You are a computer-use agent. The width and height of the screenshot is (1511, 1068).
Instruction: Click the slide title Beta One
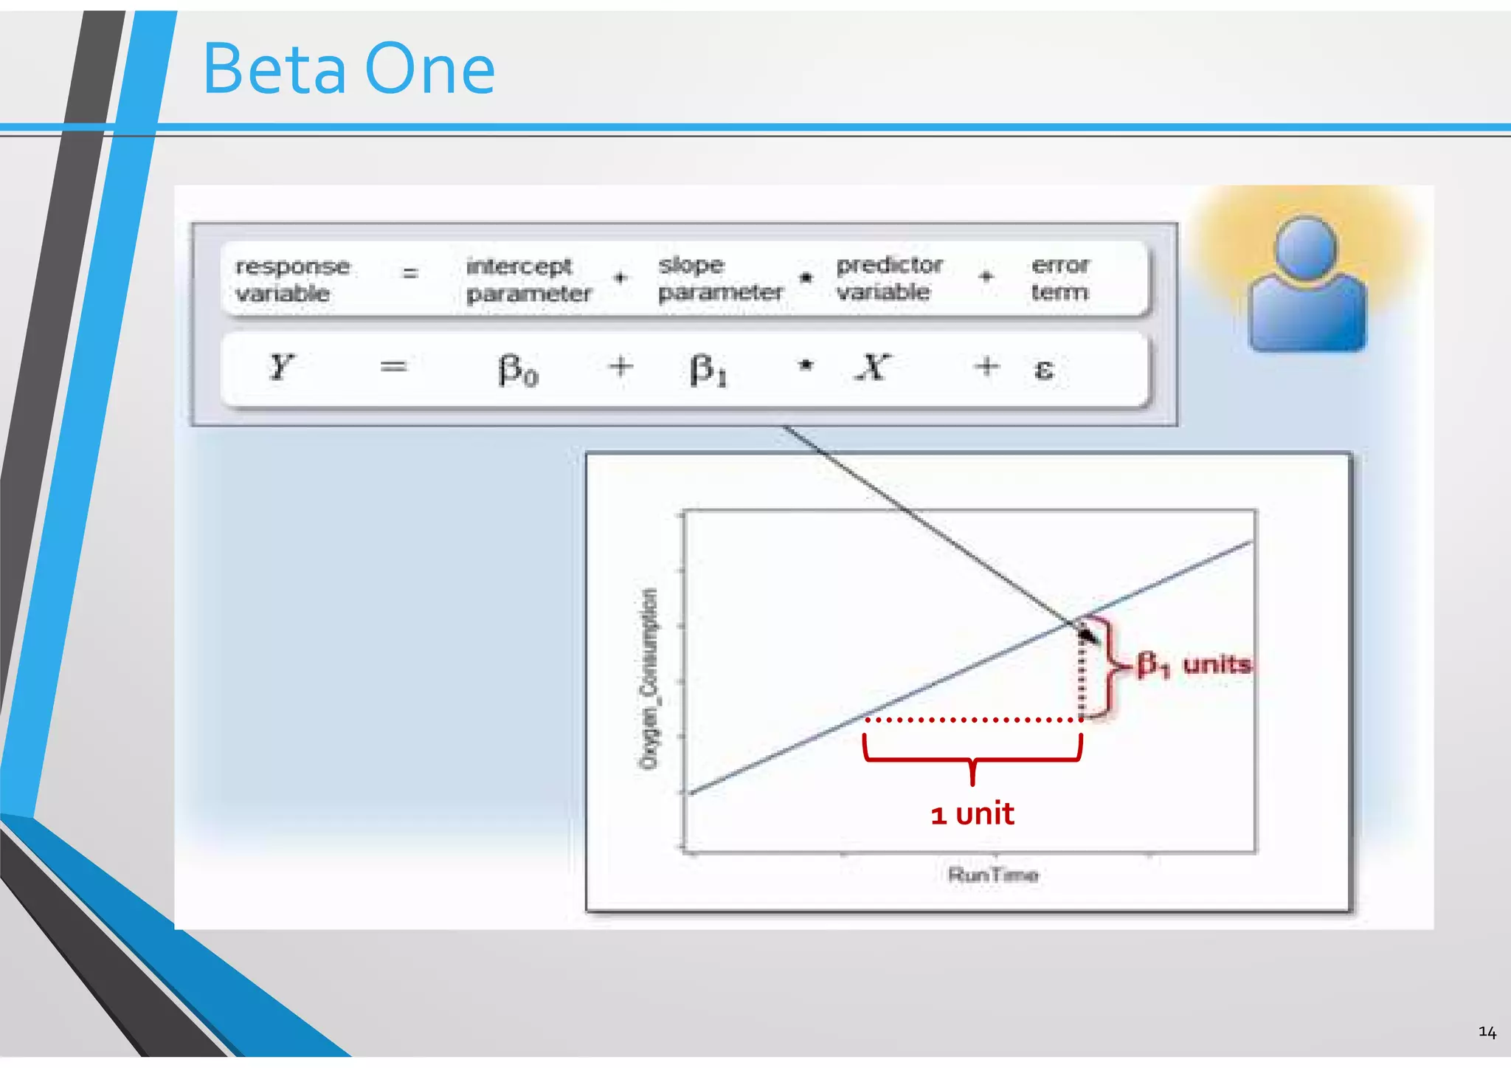coord(348,69)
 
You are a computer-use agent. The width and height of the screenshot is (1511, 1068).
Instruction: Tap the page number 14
coord(1487,1032)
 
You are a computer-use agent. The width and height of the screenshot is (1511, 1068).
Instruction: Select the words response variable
coord(292,280)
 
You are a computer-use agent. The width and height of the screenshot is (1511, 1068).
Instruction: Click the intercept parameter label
coord(528,280)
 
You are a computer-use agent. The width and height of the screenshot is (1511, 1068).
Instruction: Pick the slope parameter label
coord(720,278)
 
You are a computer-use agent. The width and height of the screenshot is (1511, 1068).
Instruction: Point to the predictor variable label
coord(889,278)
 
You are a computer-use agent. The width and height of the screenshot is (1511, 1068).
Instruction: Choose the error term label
coord(1059,278)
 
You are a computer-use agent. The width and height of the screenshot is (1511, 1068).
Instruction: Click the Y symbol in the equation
coord(281,367)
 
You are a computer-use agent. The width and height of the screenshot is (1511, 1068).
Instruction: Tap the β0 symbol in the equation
coord(518,369)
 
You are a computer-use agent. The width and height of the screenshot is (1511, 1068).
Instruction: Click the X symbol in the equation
coord(874,367)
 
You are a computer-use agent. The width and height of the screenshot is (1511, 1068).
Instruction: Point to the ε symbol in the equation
coord(1043,368)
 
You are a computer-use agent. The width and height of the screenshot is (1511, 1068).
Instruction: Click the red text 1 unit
coord(972,813)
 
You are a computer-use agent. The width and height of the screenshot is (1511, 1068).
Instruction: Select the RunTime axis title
coord(993,875)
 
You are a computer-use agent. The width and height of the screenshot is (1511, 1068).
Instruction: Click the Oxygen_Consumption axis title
coord(648,678)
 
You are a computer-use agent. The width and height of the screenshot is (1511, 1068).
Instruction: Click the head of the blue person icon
coord(1306,247)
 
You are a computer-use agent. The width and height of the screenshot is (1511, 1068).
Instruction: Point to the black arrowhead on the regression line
coord(1087,633)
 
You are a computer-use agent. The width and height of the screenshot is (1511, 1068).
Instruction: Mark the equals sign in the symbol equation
coord(393,367)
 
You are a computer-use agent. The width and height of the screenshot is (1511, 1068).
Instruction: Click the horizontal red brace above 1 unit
coord(972,757)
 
